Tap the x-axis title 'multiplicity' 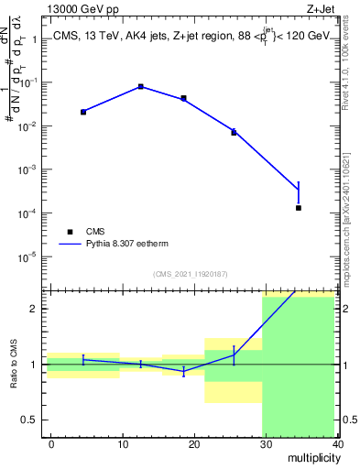tap(311, 458)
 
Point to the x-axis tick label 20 tap(194, 443)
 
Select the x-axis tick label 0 tap(51, 443)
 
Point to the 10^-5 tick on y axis tap(26, 256)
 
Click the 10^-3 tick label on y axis tap(26, 169)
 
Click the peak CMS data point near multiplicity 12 tap(140, 87)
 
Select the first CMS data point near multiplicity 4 tap(83, 112)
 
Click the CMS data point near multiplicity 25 tap(234, 133)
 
